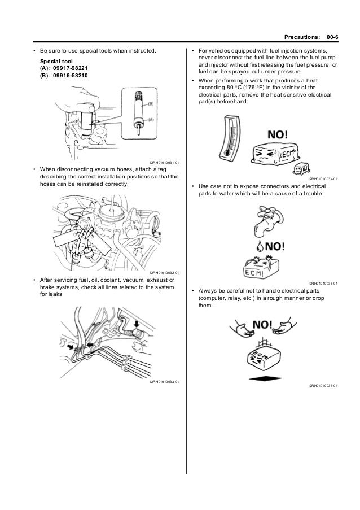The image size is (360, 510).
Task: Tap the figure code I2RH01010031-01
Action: [165, 163]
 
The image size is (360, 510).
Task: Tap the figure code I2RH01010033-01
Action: [165, 382]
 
